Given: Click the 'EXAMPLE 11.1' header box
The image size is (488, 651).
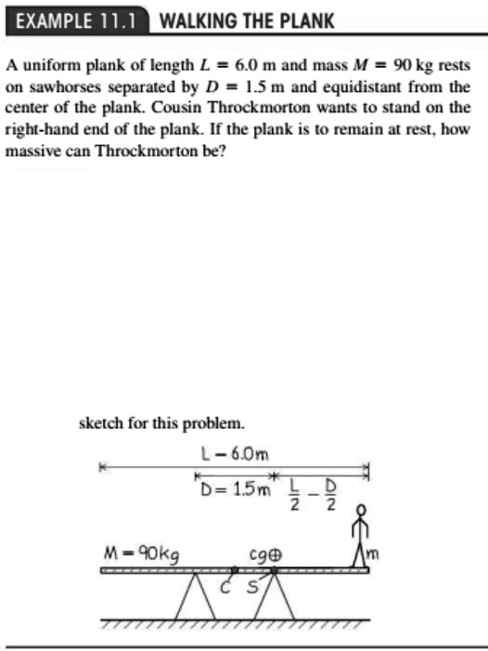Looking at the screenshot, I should (x=77, y=20).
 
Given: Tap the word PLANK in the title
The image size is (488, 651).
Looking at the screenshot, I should (x=302, y=20).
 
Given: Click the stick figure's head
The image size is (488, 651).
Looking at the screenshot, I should (x=363, y=511).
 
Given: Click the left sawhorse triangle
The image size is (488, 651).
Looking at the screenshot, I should (x=195, y=595).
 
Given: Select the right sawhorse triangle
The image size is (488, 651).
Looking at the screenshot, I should (x=272, y=595).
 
